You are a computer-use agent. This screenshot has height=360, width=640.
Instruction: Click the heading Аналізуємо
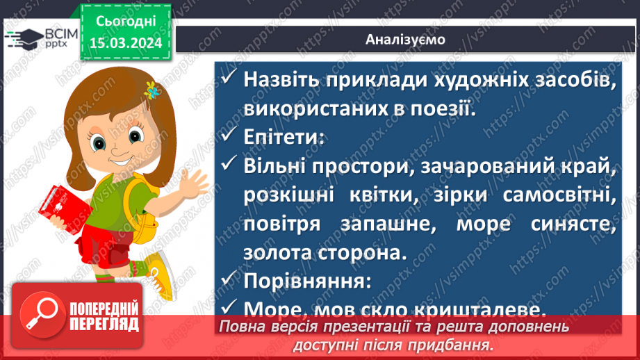point(405,39)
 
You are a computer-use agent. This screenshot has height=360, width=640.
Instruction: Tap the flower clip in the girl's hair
point(151,90)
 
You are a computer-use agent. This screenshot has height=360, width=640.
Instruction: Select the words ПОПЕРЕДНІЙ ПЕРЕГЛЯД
point(104,316)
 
